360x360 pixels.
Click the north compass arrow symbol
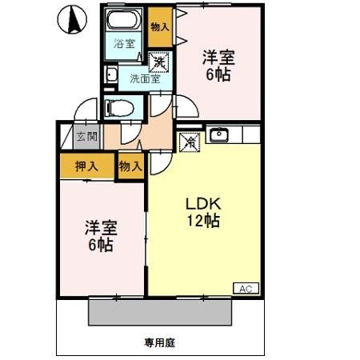coord(73,19)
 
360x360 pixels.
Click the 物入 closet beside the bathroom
coord(161,26)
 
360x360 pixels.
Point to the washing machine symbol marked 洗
coord(160,61)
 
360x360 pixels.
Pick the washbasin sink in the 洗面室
coord(113,77)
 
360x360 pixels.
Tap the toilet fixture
coord(121,106)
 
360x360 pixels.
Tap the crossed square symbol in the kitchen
coord(190,141)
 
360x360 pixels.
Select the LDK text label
coord(203,204)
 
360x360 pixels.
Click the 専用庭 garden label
coord(159,342)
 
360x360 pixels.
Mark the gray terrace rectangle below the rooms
coord(159,310)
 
